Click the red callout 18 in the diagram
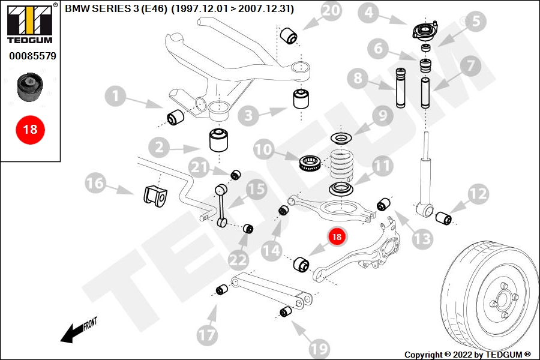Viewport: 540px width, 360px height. click(x=337, y=236)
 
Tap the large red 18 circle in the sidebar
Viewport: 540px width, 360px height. click(x=30, y=130)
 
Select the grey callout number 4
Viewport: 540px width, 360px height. click(x=369, y=13)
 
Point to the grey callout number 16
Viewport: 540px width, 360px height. click(x=95, y=182)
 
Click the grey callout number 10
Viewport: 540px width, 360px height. click(x=264, y=149)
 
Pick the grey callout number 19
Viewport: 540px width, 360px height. click(x=320, y=348)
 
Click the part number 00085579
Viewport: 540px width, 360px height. click(x=32, y=56)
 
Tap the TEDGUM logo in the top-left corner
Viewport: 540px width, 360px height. click(x=30, y=24)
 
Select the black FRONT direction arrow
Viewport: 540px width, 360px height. click(x=72, y=334)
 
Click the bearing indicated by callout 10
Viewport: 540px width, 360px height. click(x=311, y=163)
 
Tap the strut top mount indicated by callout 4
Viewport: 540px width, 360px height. click(x=425, y=31)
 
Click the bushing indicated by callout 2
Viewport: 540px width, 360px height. click(x=219, y=140)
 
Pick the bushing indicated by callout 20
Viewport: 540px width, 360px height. click(x=289, y=36)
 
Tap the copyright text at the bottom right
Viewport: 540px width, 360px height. click(x=467, y=355)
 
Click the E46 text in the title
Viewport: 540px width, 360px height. click(x=154, y=8)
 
